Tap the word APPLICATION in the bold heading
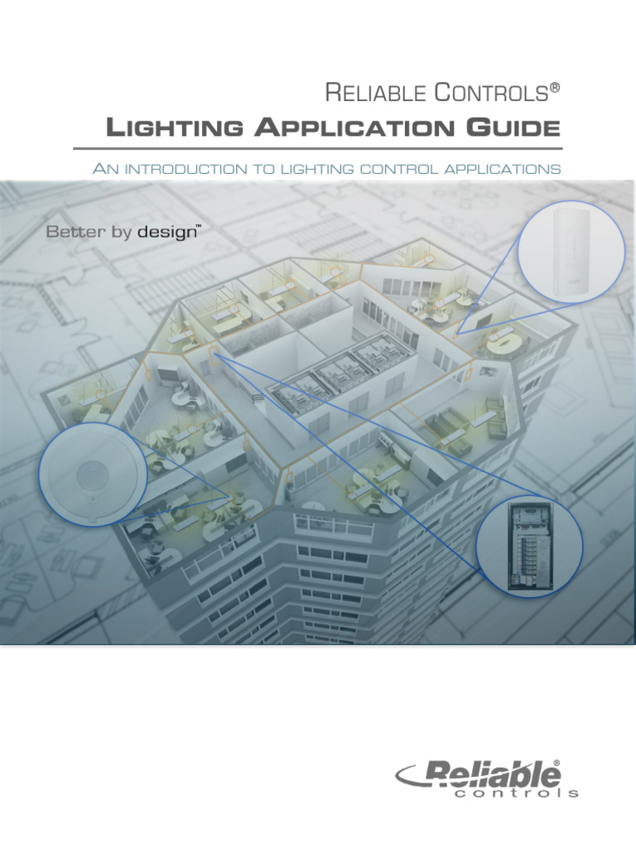[x=349, y=128]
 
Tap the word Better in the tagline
[x=76, y=233]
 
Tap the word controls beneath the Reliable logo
[x=516, y=793]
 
